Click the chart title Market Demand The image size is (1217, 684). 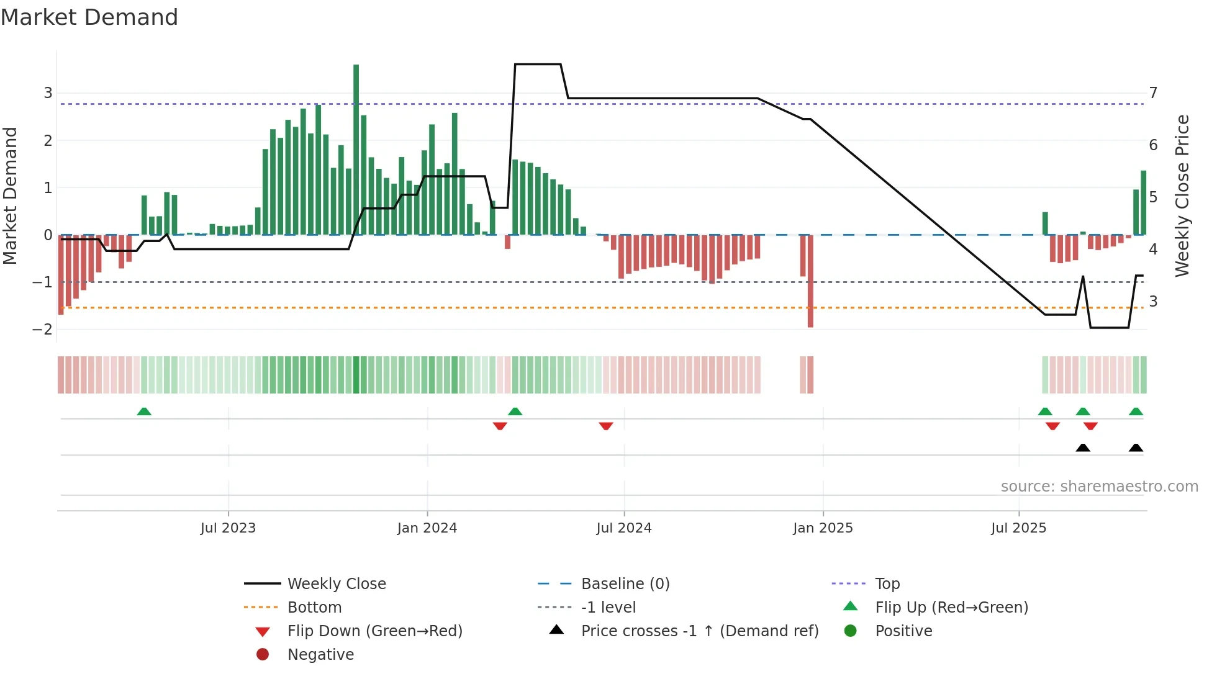(x=89, y=17)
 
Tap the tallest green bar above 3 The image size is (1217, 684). (x=356, y=149)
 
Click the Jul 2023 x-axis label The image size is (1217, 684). (x=228, y=528)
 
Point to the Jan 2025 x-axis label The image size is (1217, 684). (x=823, y=528)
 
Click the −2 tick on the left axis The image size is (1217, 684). (x=42, y=330)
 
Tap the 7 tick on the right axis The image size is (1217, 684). (x=1153, y=93)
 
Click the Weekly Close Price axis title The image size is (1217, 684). (x=1182, y=196)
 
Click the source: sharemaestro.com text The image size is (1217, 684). (x=1099, y=487)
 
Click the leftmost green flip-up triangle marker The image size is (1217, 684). (x=144, y=412)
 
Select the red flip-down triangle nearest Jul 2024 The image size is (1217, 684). (x=606, y=426)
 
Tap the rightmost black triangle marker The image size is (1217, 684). (x=1136, y=448)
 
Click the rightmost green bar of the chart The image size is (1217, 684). (x=1143, y=202)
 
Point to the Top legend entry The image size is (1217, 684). (x=887, y=584)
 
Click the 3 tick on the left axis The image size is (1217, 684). (x=48, y=93)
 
